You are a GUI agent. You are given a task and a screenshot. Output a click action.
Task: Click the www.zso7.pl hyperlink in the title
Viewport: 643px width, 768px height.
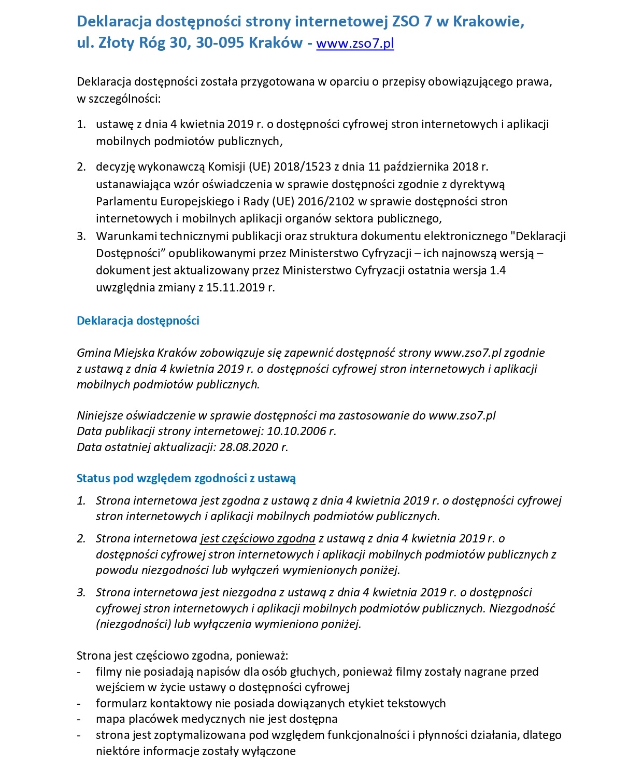355,43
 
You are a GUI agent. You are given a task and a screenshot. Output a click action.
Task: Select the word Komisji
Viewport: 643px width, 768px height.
226,166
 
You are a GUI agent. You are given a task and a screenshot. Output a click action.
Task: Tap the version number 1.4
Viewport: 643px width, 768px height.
497,270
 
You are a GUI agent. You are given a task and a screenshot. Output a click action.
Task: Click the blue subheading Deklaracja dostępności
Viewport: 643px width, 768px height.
138,320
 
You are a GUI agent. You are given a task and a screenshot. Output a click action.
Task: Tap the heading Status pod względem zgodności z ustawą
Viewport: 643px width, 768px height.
186,478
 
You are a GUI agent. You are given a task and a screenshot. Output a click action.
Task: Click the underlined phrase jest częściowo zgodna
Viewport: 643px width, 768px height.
258,538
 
